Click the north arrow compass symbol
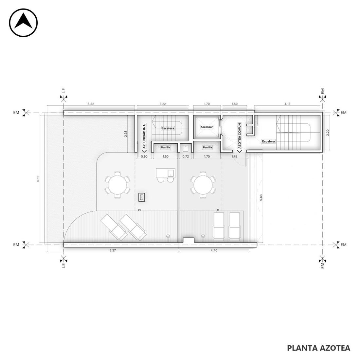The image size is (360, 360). pos(23,23)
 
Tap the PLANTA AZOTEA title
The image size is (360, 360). pos(319,348)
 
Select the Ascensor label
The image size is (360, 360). pos(207,127)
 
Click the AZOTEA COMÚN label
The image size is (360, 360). pos(240,136)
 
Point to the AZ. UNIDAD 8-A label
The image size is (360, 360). pos(144,137)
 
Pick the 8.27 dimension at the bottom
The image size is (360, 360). pos(113,250)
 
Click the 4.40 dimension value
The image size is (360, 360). pos(214,250)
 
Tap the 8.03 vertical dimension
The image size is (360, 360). pos(38,179)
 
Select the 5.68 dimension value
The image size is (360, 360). pos(261,198)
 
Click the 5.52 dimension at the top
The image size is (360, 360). pos(91,104)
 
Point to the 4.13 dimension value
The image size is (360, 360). pos(287,104)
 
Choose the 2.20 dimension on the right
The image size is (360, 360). pos(328,133)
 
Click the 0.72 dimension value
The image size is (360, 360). pos(186,156)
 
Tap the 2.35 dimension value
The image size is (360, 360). pos(126,134)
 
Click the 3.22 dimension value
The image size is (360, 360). pos(163,104)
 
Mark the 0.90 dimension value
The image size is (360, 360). pos(144,156)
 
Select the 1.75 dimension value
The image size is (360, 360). pos(234,156)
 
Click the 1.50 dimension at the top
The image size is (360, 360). pos(234,104)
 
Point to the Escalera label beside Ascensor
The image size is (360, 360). pos(168,128)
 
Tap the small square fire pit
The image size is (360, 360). pos(142,197)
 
